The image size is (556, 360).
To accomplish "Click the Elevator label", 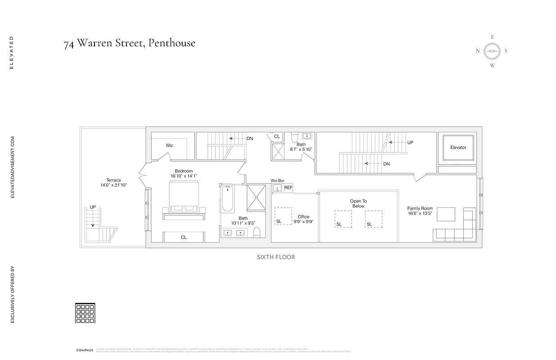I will point(458,148).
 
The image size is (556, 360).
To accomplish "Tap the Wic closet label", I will point(170,145).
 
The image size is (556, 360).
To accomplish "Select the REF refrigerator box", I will point(288,188).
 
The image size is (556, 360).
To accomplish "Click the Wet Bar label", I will point(277,180).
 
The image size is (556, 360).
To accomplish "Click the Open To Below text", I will point(358,203).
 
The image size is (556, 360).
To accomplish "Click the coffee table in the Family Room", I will point(446,214).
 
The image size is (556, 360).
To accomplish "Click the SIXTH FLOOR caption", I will point(276,257).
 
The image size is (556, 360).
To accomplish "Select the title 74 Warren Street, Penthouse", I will point(130,43).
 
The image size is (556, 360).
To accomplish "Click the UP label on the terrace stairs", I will point(93,207).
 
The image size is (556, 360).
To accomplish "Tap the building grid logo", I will point(85,313).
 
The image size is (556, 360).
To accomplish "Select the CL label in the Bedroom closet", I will point(184,237).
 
